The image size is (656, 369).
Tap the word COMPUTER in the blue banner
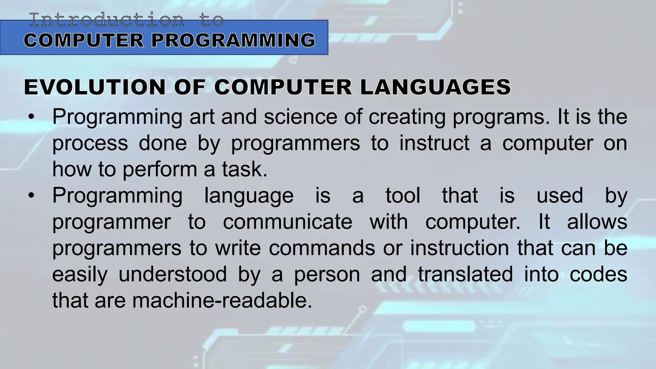click(x=84, y=40)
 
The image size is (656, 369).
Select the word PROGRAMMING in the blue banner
click(x=233, y=40)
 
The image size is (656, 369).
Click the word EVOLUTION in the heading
click(x=95, y=87)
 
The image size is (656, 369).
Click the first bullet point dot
click(x=31, y=117)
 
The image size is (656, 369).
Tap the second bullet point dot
click(x=31, y=196)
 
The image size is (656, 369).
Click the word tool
click(x=403, y=195)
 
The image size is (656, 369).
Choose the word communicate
click(x=287, y=222)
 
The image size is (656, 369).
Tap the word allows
click(x=597, y=222)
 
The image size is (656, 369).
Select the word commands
click(x=322, y=248)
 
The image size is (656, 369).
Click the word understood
click(x=173, y=274)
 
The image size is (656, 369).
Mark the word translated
click(x=465, y=274)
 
